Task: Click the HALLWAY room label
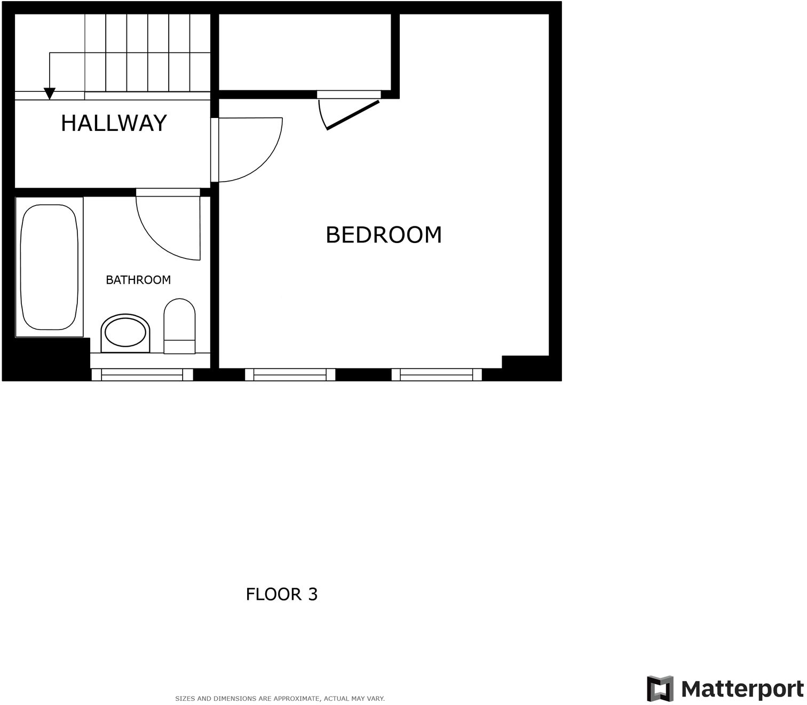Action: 114,123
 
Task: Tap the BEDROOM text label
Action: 383,235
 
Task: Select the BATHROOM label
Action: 138,280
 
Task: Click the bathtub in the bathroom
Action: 49,267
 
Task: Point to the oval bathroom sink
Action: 125,333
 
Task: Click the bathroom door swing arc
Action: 160,235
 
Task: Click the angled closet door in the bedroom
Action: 352,115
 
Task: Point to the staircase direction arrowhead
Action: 50,94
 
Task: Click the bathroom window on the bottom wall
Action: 142,374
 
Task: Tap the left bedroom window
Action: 290,374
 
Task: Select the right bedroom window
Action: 437,374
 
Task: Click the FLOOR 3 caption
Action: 281,594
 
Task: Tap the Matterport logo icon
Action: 660,689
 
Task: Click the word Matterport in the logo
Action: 742,689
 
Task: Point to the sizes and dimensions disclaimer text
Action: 280,699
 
